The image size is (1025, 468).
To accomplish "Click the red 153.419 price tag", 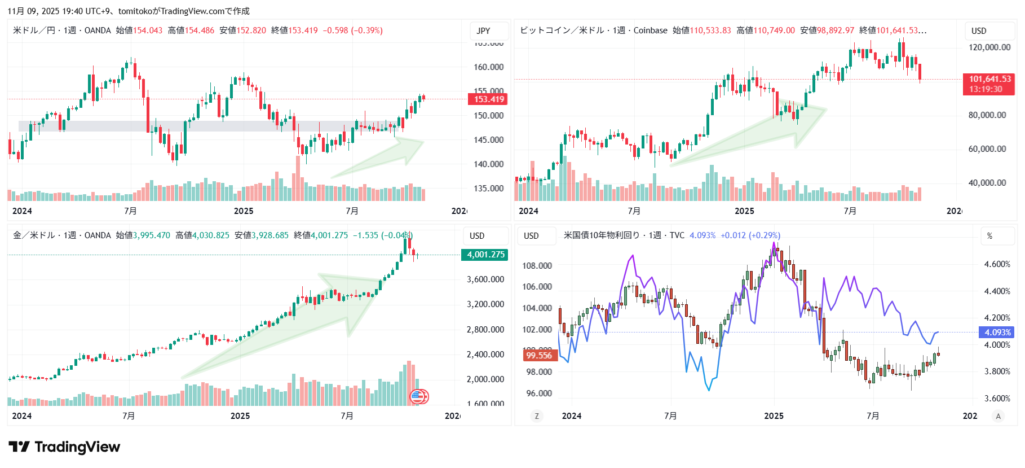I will (488, 99).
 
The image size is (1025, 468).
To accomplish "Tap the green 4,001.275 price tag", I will (485, 255).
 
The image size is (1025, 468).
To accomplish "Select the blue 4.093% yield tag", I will (997, 333).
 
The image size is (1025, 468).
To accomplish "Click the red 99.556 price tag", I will (540, 355).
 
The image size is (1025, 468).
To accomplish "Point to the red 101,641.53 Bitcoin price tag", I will (989, 84).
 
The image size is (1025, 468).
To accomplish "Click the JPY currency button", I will (483, 31).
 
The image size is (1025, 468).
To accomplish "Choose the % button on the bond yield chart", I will (989, 236).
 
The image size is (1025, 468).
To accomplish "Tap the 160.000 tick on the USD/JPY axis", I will (488, 67).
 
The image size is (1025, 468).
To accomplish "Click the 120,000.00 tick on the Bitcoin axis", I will (989, 47).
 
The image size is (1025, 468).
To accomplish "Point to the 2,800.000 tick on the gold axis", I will (485, 329).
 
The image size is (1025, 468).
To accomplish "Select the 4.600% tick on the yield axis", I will (997, 264).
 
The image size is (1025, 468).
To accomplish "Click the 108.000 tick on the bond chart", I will (537, 266).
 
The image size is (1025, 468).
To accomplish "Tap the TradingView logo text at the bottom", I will (77, 447).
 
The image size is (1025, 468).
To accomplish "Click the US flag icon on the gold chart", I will (418, 397).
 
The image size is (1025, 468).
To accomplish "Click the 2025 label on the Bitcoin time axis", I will (744, 211).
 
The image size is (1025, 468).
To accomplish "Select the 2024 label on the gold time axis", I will (22, 416).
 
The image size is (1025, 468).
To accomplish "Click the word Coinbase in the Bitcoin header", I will (650, 30).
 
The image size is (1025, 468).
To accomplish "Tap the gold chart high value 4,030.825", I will (210, 235).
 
